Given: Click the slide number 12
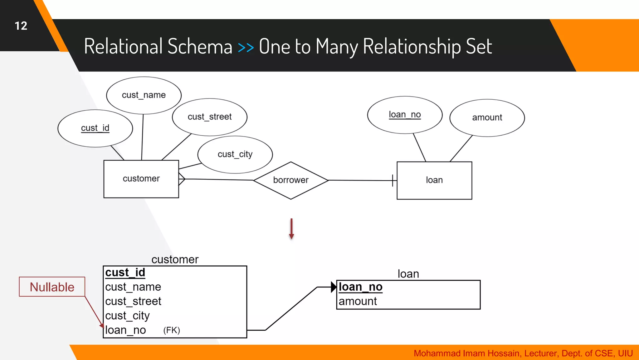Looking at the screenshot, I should point(21,26).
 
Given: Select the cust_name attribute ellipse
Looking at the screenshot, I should point(144,95).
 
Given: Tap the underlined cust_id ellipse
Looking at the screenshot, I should point(95,128).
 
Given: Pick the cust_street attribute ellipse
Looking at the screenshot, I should point(210,117).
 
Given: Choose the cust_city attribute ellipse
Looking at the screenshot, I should point(235,154).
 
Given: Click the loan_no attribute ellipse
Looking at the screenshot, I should point(405,115).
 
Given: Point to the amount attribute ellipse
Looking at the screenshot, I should point(487,118).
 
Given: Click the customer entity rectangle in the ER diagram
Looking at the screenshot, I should point(141,179).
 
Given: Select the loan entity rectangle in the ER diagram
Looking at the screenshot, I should point(434,180).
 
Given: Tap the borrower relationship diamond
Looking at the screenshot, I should point(291,180).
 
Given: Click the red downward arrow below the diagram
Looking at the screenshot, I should point(291,229).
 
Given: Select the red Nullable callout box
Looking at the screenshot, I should point(52,287).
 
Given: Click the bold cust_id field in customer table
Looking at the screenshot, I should point(125,272).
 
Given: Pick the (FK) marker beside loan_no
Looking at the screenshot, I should point(172,330).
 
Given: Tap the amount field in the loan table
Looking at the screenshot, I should point(358,302).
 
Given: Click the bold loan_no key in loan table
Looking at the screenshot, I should point(360,287).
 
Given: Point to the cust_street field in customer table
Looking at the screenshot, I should point(133,302).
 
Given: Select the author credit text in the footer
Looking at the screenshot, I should point(523,353).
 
